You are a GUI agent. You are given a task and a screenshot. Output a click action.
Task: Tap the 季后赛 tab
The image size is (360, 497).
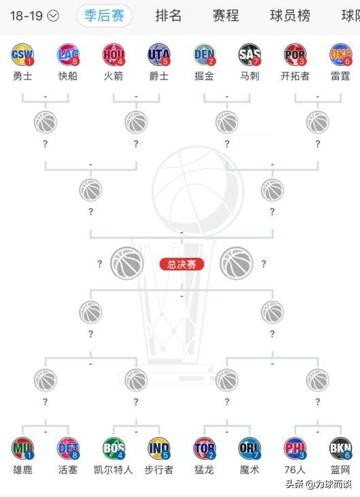pos(104,16)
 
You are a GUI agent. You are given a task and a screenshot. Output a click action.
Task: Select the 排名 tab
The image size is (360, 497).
pos(168,16)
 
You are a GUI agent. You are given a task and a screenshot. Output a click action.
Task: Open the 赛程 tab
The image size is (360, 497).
pos(226,16)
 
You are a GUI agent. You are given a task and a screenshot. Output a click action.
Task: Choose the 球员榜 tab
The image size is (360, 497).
pos(290,16)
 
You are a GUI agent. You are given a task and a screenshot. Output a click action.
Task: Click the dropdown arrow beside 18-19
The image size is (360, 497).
pos(53,16)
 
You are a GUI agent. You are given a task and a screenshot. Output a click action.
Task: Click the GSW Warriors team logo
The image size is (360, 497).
pos(22,54)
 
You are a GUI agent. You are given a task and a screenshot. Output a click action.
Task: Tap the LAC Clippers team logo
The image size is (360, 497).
pos(68,54)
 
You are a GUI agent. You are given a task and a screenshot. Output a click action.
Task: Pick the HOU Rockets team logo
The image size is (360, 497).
pos(114,54)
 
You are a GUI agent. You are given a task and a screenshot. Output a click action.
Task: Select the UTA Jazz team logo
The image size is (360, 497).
pos(159,54)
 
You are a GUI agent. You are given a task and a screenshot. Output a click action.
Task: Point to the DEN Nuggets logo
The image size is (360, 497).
pos(204,54)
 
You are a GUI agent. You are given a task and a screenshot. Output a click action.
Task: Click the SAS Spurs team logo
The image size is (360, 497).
pos(250,54)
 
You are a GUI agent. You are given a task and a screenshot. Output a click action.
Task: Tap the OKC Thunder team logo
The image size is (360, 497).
pos(341,54)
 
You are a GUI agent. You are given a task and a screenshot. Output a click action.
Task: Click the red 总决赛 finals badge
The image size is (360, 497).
pos(182,264)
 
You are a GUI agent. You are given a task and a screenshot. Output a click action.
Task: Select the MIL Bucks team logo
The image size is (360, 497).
pos(22,448)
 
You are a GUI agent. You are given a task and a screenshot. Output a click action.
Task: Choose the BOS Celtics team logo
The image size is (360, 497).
pos(114,448)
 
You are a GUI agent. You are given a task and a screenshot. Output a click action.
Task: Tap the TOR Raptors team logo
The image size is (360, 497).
pos(204,448)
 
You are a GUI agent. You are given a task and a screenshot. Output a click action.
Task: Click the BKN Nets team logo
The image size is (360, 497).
pos(341,448)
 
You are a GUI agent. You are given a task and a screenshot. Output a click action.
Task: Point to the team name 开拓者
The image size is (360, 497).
pos(295,76)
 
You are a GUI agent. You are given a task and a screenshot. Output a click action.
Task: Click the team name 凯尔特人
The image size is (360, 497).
pos(113,469)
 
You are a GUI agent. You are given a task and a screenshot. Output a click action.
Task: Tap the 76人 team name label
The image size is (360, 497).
pos(295,469)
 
